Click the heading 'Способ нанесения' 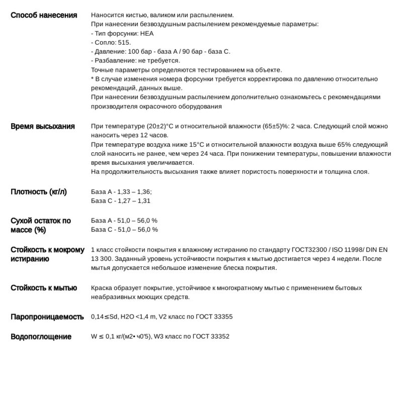[44, 15]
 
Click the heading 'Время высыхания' [43, 126]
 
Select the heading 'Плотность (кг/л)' [39, 191]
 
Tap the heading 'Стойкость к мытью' [44, 288]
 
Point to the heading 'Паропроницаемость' [47, 317]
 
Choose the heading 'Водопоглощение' [41, 337]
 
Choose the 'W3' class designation [160, 336]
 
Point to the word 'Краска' [102, 288]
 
